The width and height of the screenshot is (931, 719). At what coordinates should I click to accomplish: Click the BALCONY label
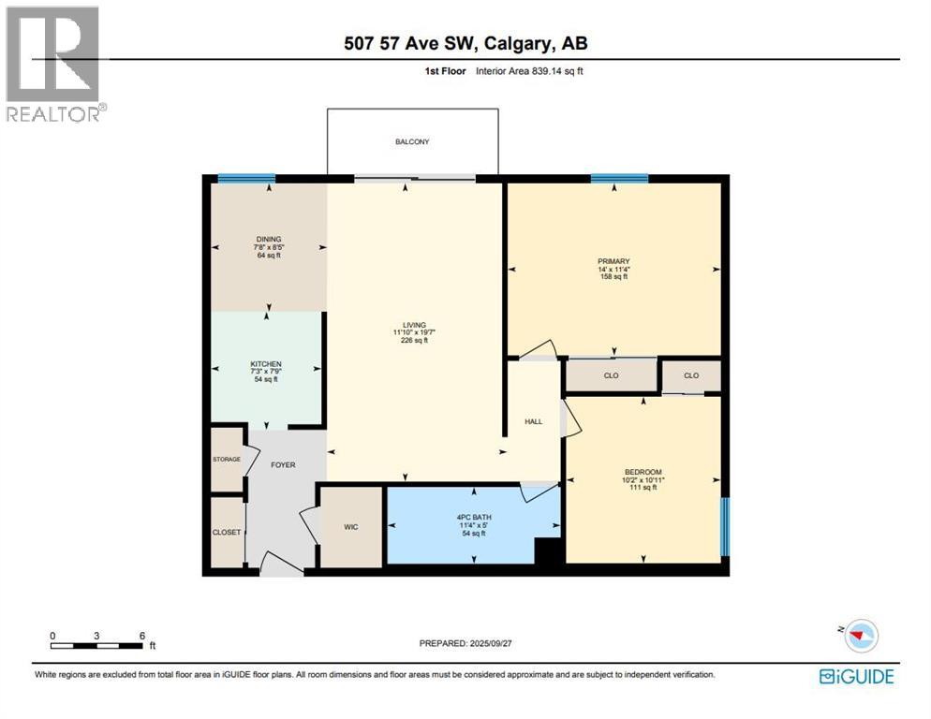tap(411, 141)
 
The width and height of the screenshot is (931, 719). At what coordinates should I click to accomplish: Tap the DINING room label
tap(269, 240)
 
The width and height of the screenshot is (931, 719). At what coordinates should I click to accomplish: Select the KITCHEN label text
tap(266, 364)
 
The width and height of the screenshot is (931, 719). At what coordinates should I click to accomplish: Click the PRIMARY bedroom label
tap(613, 262)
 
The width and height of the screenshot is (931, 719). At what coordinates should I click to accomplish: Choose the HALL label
tap(534, 421)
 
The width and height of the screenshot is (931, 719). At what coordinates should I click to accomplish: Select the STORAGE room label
tap(226, 459)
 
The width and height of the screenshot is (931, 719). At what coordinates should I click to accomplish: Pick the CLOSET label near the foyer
tap(226, 532)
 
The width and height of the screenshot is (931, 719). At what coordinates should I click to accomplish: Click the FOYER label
tap(282, 464)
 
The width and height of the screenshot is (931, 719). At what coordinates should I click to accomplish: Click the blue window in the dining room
tap(246, 178)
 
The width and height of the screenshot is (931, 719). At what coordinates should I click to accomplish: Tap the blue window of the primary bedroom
tap(619, 178)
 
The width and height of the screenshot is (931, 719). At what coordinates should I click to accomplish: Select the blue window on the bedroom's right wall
tap(725, 527)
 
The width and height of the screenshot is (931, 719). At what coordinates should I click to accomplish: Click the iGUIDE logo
tap(856, 675)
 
